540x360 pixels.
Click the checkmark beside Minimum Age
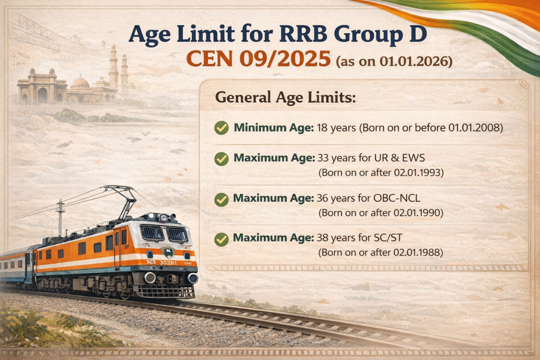[222, 128]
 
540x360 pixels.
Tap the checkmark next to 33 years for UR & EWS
[222, 158]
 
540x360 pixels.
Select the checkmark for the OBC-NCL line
[222, 199]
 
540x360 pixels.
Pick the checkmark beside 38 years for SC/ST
[222, 240]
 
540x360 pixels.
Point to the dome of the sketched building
[80, 82]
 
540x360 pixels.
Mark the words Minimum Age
[273, 128]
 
